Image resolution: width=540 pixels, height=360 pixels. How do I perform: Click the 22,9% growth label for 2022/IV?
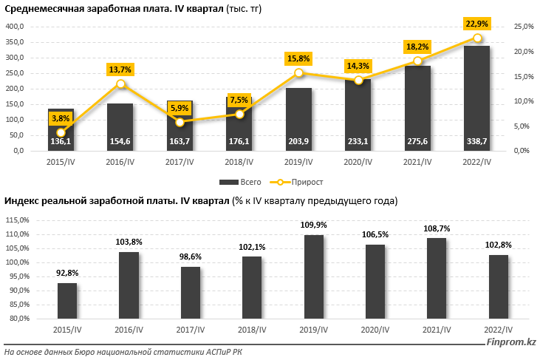(476, 24)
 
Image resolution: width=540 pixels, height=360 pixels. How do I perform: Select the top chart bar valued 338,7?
(476, 96)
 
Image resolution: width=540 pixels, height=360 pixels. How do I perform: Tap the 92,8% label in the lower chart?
(67, 273)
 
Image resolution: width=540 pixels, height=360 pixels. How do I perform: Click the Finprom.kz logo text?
(510, 341)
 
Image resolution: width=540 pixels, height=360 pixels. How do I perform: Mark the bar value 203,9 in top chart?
(298, 142)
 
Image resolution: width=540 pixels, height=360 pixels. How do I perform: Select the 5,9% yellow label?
(180, 107)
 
